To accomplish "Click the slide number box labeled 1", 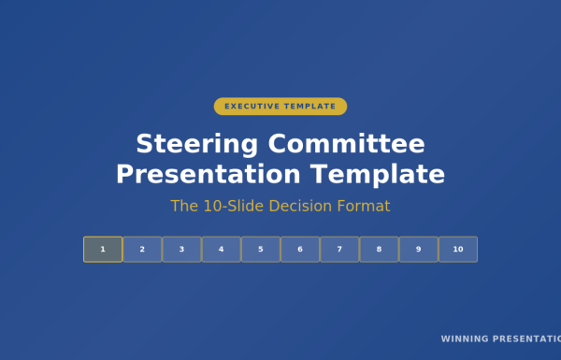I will [x=103, y=250].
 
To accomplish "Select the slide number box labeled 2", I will [x=142, y=250].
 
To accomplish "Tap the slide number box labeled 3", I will [x=181, y=250].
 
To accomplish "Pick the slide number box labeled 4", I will [x=221, y=250].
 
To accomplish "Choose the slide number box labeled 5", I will [x=261, y=250].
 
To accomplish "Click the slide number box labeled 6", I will [x=300, y=250].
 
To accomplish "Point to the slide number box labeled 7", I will [x=339, y=250].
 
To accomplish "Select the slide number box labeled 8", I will [x=379, y=250].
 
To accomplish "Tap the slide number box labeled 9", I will [x=418, y=250].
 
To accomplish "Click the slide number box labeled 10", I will [x=458, y=250].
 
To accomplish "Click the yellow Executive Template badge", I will [x=280, y=107].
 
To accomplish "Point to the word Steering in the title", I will [x=196, y=145].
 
